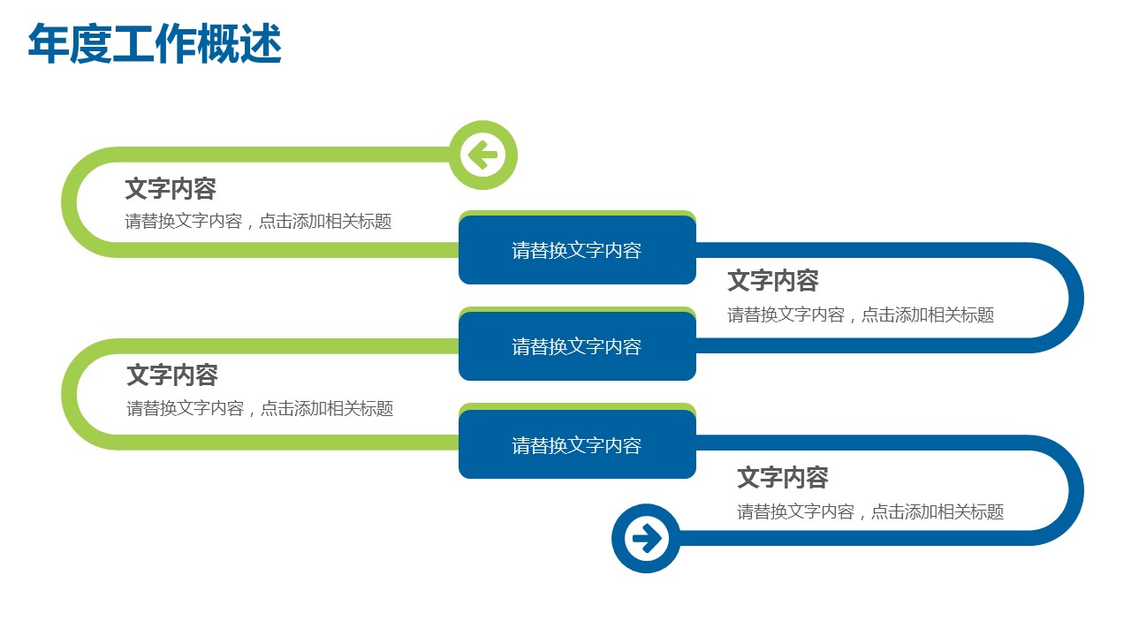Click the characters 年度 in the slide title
tap(70, 45)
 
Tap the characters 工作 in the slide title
tap(155, 45)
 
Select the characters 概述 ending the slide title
tap(239, 45)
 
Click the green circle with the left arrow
tap(482, 155)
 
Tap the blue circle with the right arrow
tap(646, 538)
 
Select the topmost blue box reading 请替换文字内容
tap(577, 250)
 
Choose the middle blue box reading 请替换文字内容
tap(577, 346)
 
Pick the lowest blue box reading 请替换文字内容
tap(577, 445)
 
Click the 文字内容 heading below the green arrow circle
tap(171, 189)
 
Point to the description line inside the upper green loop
tap(258, 222)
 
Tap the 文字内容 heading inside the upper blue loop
tap(773, 281)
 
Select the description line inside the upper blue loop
tap(861, 314)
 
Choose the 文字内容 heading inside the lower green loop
tap(172, 375)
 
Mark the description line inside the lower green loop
tap(260, 409)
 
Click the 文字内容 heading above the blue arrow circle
tap(783, 478)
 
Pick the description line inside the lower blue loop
tap(870, 511)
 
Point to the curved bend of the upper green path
tap(70, 202)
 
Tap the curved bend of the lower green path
tap(70, 394)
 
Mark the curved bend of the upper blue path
tap(1075, 298)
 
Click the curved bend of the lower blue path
tap(1075, 490)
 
